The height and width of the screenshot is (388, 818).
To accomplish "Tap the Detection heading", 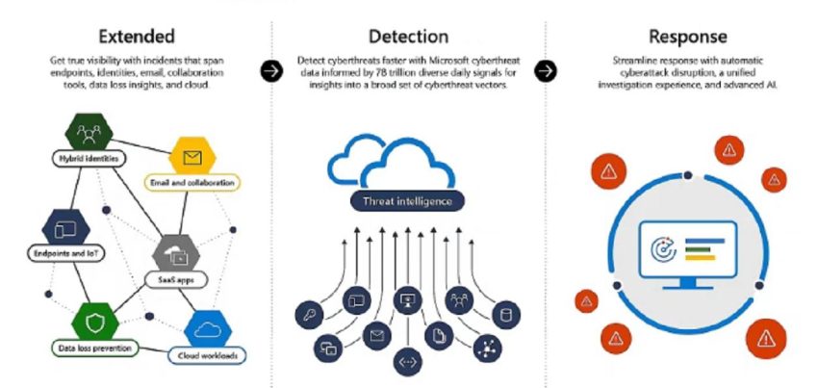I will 408,37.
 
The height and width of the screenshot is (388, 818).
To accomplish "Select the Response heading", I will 687,37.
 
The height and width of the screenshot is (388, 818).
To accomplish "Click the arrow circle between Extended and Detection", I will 272,71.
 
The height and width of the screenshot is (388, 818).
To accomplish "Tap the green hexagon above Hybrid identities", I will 89,131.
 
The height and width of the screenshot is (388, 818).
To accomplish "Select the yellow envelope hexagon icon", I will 191,156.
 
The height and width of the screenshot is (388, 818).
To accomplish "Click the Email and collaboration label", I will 192,182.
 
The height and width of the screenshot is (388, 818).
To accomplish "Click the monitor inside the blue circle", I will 687,249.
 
